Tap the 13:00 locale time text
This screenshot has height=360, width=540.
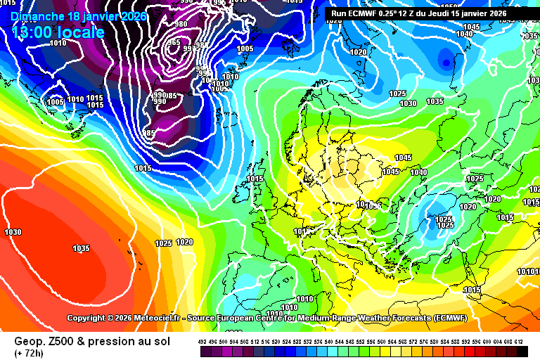pos(58,32)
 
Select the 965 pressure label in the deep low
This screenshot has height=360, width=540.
pos(174,42)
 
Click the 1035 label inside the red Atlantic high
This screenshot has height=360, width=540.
pos(81,248)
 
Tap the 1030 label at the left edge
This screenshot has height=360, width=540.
pos(13,232)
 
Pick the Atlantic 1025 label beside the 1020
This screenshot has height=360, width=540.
pos(163,243)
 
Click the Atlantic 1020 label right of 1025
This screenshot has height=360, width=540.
pos(184,242)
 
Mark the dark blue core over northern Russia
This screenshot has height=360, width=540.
pos(446,62)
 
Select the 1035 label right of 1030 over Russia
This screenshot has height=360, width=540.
pos(435,101)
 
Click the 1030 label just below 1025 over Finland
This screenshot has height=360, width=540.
pos(408,103)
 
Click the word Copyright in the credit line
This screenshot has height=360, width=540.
pos(90,318)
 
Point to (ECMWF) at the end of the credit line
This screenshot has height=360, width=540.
pos(456,318)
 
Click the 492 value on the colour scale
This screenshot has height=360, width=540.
pos(202,342)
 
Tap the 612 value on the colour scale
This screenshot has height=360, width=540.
pos(519,342)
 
